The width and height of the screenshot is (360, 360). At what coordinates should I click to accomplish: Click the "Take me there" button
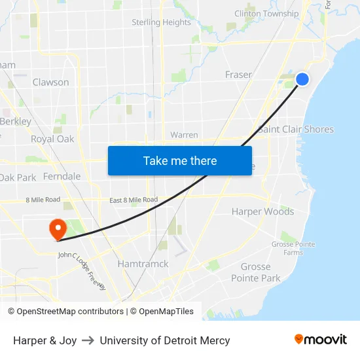click(x=180, y=160)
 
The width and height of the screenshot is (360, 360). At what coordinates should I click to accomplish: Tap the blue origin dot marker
click(x=302, y=79)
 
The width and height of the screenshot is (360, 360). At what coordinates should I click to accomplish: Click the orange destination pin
click(x=58, y=229)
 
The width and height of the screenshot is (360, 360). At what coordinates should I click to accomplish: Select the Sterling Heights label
click(x=161, y=22)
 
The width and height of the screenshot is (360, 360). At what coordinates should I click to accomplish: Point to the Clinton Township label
click(x=266, y=14)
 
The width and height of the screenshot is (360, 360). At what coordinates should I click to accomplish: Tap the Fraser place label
click(x=238, y=75)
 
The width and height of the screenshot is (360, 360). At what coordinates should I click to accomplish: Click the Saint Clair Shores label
click(x=296, y=129)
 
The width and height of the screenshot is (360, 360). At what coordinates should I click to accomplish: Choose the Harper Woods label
click(x=262, y=211)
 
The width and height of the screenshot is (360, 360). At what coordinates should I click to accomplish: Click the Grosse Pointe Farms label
click(x=293, y=248)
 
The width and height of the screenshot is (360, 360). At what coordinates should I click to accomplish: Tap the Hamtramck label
click(x=143, y=264)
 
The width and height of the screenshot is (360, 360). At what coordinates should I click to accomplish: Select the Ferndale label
click(x=62, y=176)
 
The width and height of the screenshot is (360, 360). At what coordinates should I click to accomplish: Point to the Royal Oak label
click(x=52, y=139)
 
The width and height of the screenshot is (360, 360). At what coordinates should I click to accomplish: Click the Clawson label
click(x=50, y=82)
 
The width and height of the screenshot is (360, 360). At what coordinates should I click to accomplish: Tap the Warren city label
click(x=184, y=135)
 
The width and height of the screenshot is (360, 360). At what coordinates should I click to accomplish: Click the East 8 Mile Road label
click(x=133, y=200)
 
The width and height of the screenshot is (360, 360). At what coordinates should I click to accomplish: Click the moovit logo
click(x=321, y=340)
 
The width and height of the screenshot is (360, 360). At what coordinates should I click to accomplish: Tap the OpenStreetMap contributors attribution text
click(x=66, y=312)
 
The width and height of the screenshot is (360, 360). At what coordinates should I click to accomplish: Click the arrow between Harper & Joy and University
click(x=88, y=340)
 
